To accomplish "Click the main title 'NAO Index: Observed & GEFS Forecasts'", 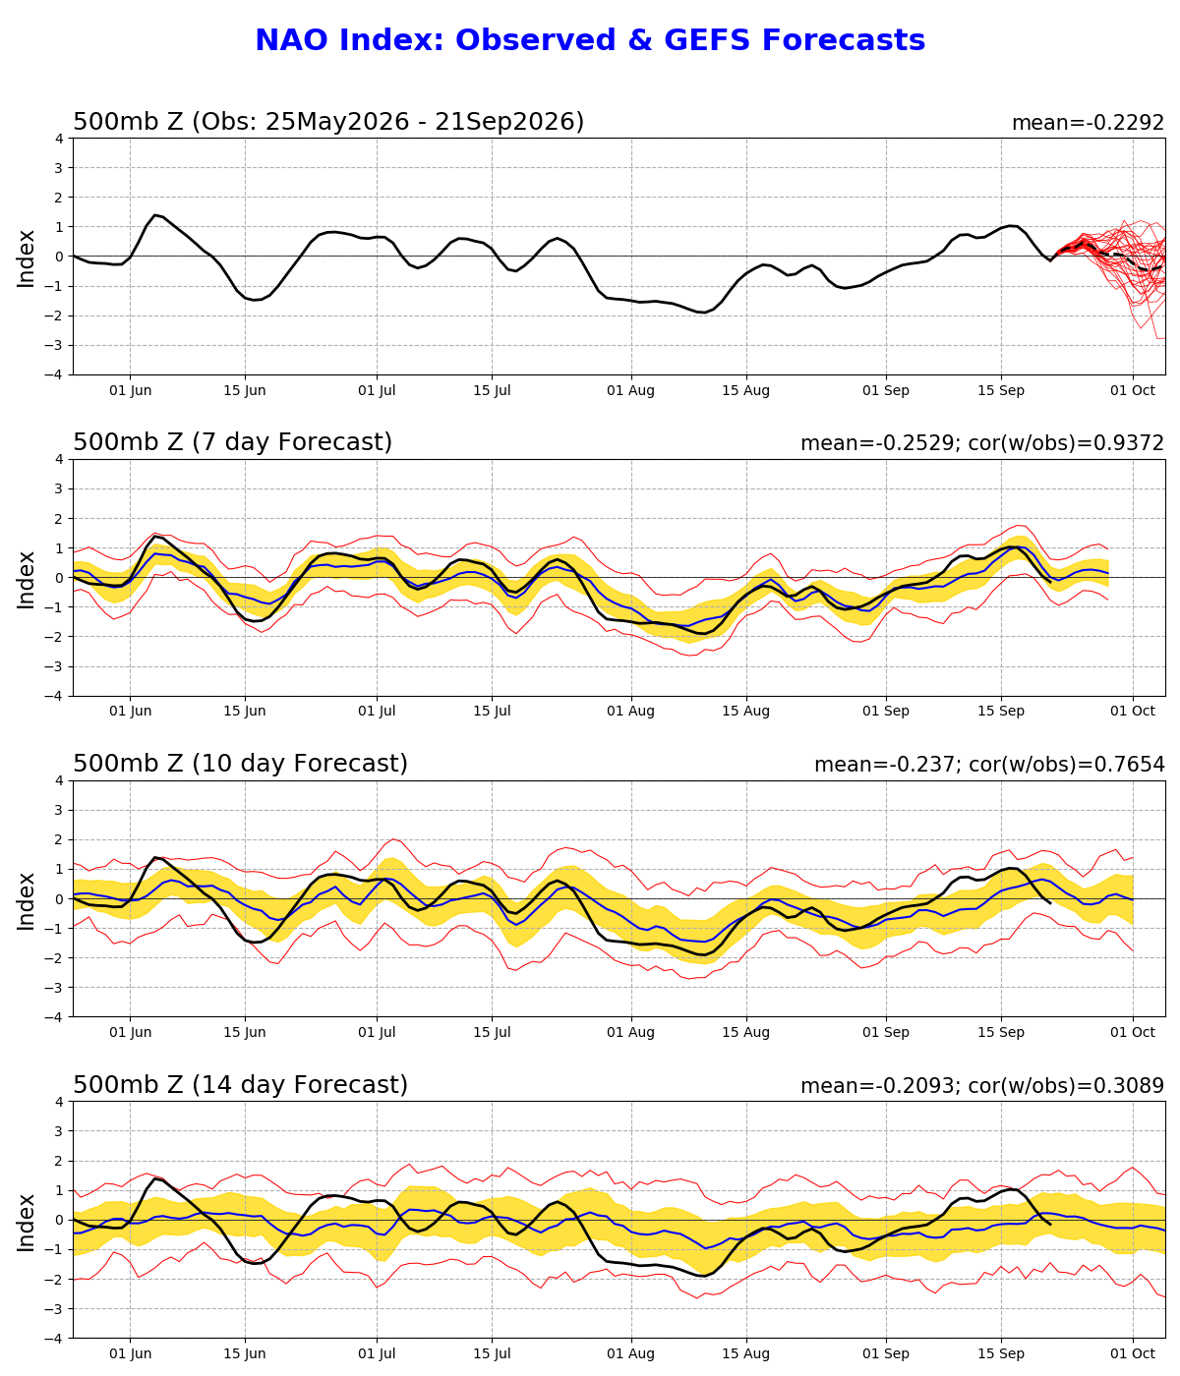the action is (x=590, y=40).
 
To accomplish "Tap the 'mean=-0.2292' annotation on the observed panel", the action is (x=1088, y=123).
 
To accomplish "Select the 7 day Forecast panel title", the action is (x=232, y=442).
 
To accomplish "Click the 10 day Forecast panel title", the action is (x=240, y=763).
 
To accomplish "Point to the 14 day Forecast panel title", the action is (x=240, y=1084).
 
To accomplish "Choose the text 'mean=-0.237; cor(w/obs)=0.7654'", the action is (x=989, y=765).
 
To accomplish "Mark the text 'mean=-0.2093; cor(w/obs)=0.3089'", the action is (x=982, y=1086).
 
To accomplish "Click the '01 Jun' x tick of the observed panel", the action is (x=131, y=391).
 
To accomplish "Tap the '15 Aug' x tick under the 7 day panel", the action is (x=745, y=711).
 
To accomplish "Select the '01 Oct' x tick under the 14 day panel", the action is (x=1133, y=1354).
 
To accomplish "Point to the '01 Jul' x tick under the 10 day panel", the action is (x=377, y=1033).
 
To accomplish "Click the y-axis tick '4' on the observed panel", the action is (x=59, y=139).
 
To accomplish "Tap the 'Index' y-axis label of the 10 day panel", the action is (x=26, y=899).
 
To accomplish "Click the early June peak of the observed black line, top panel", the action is (x=155, y=215).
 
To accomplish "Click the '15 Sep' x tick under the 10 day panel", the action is (x=1001, y=1033).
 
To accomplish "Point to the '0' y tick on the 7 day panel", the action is (x=59, y=578).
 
